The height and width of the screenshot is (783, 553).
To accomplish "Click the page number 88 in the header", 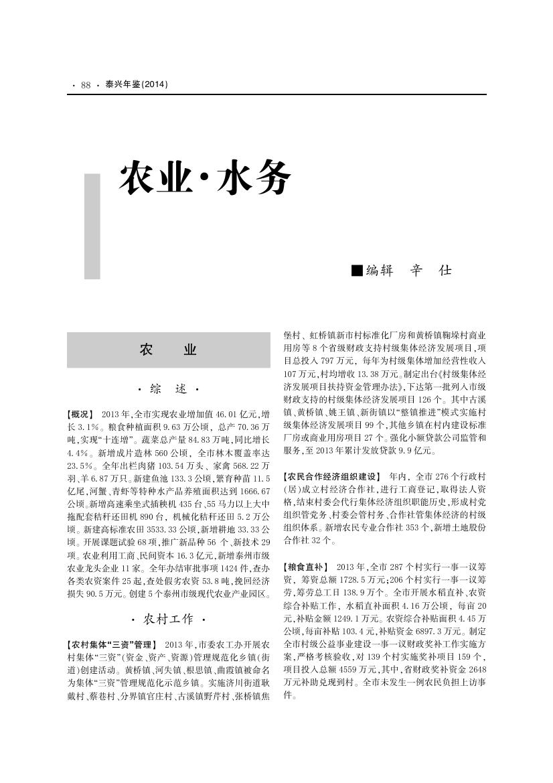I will [86, 85].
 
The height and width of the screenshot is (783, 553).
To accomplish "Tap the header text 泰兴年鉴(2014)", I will [137, 85].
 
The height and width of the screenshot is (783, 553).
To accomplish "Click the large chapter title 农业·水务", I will [205, 178].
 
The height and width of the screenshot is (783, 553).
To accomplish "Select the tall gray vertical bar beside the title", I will [92, 226].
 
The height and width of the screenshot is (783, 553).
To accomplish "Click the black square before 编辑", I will [357, 271].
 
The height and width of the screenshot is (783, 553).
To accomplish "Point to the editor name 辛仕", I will [430, 271].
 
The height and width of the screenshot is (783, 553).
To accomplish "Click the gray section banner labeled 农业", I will [168, 350].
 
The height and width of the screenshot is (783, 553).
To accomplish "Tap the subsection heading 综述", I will [168, 389].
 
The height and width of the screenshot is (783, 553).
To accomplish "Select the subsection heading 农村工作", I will [168, 618].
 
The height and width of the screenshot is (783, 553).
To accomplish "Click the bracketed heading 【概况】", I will [80, 415].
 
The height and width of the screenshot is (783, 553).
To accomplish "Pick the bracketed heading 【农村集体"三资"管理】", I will [111, 644].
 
